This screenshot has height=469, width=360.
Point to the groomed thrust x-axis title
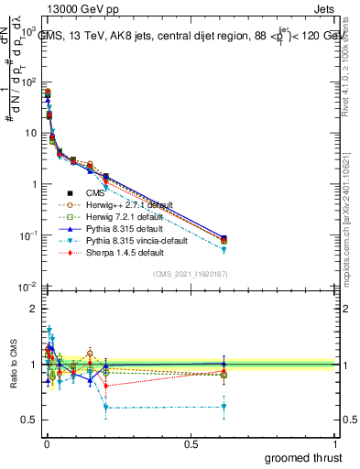305,457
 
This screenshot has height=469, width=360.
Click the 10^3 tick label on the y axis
28,31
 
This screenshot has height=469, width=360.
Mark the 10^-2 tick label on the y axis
28,287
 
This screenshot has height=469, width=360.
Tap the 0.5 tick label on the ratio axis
29,420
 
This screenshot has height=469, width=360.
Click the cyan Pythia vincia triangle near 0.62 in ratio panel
224,407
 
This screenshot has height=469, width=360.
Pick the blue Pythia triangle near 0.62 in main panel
224,237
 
